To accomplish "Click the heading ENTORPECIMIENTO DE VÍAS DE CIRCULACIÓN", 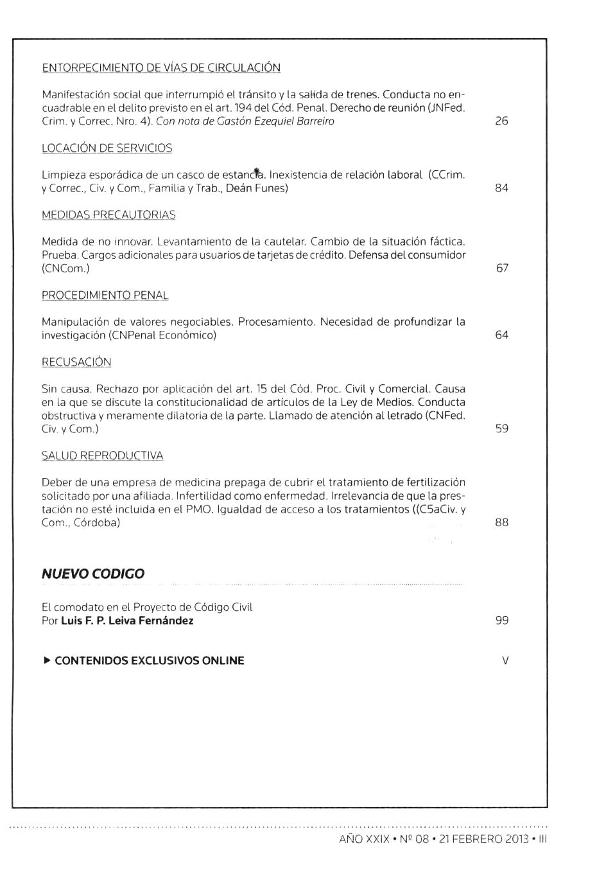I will pos(160,68).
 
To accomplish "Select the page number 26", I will pos(501,121).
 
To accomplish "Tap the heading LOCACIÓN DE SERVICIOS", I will pos(107,148).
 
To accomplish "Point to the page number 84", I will pos(501,188).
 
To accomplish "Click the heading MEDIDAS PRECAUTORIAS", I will pos(108,215).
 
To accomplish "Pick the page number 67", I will pos(502,269).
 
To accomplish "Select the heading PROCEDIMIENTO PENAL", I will pos(105,296).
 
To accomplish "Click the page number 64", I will pos(501,335).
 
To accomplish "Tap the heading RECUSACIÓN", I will pos(76,362).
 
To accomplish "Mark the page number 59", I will pos(501,429).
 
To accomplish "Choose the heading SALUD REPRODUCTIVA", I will pos(102,456).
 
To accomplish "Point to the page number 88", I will pos(501,523).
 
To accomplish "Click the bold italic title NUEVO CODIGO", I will pos(93,574).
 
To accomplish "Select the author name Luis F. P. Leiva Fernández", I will pos(127,621).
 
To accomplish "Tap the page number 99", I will pos(501,621).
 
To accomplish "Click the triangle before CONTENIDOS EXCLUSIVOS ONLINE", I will pos(46,660).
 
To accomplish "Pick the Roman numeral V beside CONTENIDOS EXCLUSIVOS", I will pos(505,660).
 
